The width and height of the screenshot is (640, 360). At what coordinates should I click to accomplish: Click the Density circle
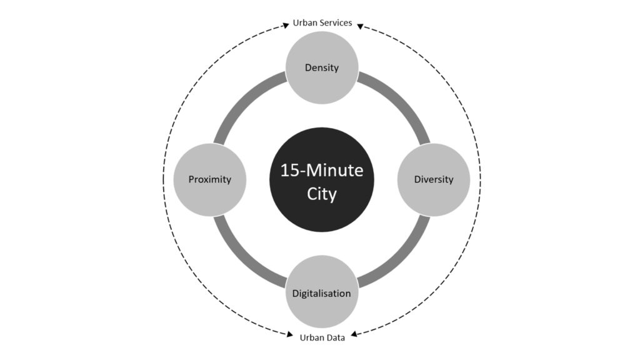coord(322,67)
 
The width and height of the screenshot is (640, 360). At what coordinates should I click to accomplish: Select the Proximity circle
coord(210,179)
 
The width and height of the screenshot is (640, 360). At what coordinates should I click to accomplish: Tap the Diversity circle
coord(434,179)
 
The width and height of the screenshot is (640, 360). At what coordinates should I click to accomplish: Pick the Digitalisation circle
coord(322,292)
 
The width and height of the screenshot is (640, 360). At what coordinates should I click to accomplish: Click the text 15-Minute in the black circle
coord(322,170)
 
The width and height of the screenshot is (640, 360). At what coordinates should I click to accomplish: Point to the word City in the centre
coord(322,194)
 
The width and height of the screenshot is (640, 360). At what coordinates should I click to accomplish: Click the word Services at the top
coord(336,23)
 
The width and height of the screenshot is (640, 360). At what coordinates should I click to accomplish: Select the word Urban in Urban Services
coord(305,23)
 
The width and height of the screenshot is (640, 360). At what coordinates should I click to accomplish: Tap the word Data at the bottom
coord(336,337)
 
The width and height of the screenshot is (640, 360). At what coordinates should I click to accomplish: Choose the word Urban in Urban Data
coord(312,337)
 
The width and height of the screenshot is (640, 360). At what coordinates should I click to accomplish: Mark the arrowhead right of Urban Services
coord(360,26)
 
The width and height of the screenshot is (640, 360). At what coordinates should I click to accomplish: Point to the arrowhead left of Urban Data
coord(290,335)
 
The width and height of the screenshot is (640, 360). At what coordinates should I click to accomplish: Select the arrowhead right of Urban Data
coord(354,334)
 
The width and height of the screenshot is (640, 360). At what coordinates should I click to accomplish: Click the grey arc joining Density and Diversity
coord(402,99)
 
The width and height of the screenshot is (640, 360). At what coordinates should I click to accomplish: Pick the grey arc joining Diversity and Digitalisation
coord(402,259)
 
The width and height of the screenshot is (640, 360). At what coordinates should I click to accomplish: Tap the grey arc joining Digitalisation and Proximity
coord(242,259)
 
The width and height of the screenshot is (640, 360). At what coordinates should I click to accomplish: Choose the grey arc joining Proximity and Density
coord(242,99)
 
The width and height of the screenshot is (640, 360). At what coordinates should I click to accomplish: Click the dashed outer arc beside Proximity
coord(163,179)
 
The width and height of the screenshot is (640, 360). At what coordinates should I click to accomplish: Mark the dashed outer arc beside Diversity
coord(481,179)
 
